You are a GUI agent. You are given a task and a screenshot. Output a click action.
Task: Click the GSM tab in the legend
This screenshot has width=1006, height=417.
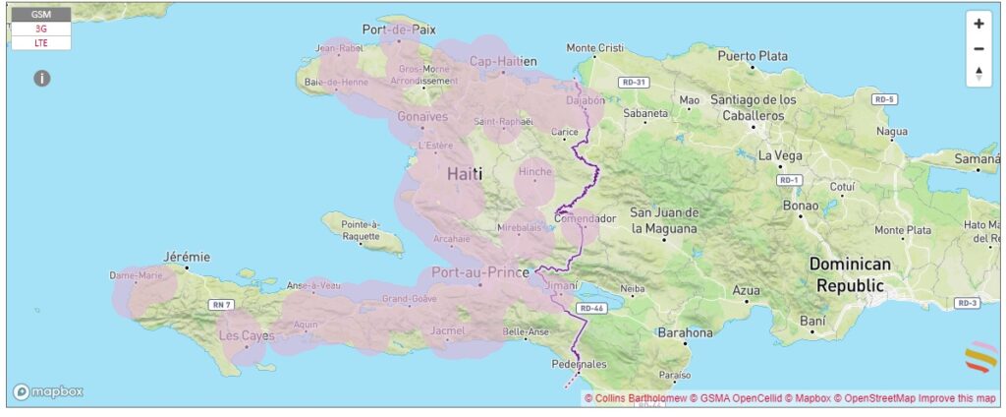[x=41, y=15]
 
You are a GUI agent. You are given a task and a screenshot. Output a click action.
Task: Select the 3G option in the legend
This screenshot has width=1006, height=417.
[x=41, y=30]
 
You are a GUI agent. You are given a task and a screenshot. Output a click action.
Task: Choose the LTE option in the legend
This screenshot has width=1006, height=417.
[x=41, y=43]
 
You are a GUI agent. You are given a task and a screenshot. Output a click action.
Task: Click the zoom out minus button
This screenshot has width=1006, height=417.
[x=978, y=48]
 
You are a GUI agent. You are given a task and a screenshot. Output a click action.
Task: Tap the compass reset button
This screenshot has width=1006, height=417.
[x=978, y=73]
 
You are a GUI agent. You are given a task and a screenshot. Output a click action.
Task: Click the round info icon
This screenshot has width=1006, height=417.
[x=42, y=78]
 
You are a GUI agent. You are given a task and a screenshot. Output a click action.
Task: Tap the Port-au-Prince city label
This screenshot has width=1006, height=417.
[x=474, y=272]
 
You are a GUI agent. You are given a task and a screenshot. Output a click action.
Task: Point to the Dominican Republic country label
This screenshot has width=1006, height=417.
[x=850, y=274]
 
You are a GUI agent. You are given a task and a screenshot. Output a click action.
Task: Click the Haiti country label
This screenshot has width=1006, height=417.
[x=465, y=173]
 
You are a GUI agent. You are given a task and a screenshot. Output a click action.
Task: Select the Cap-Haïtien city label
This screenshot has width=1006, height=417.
[x=503, y=61]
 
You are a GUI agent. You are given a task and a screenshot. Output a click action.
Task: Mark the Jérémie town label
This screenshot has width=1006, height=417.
[x=187, y=256]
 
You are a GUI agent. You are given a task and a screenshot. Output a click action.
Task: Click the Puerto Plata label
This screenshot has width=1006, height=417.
[x=753, y=56]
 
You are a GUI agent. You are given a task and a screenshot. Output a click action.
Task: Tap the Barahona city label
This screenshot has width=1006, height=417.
[x=685, y=332]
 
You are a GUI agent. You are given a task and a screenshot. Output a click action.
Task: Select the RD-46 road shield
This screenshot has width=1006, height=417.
[x=590, y=308]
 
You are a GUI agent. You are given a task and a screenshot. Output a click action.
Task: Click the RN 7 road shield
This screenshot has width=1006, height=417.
[x=222, y=305]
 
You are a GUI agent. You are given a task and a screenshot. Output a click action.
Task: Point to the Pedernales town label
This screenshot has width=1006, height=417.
[x=581, y=363]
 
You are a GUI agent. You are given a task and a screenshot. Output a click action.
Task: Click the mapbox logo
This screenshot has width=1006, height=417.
[x=47, y=391]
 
